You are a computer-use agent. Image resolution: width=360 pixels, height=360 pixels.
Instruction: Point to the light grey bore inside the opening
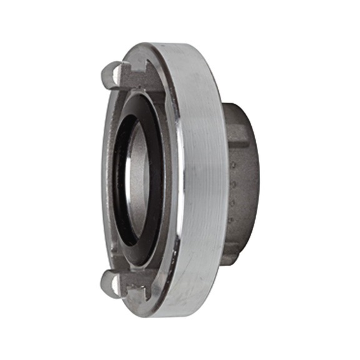[x=139, y=181]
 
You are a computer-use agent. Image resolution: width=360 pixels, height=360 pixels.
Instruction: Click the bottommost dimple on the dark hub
[x=232, y=220]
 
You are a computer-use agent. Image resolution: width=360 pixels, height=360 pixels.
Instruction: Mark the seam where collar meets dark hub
[x=223, y=181]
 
